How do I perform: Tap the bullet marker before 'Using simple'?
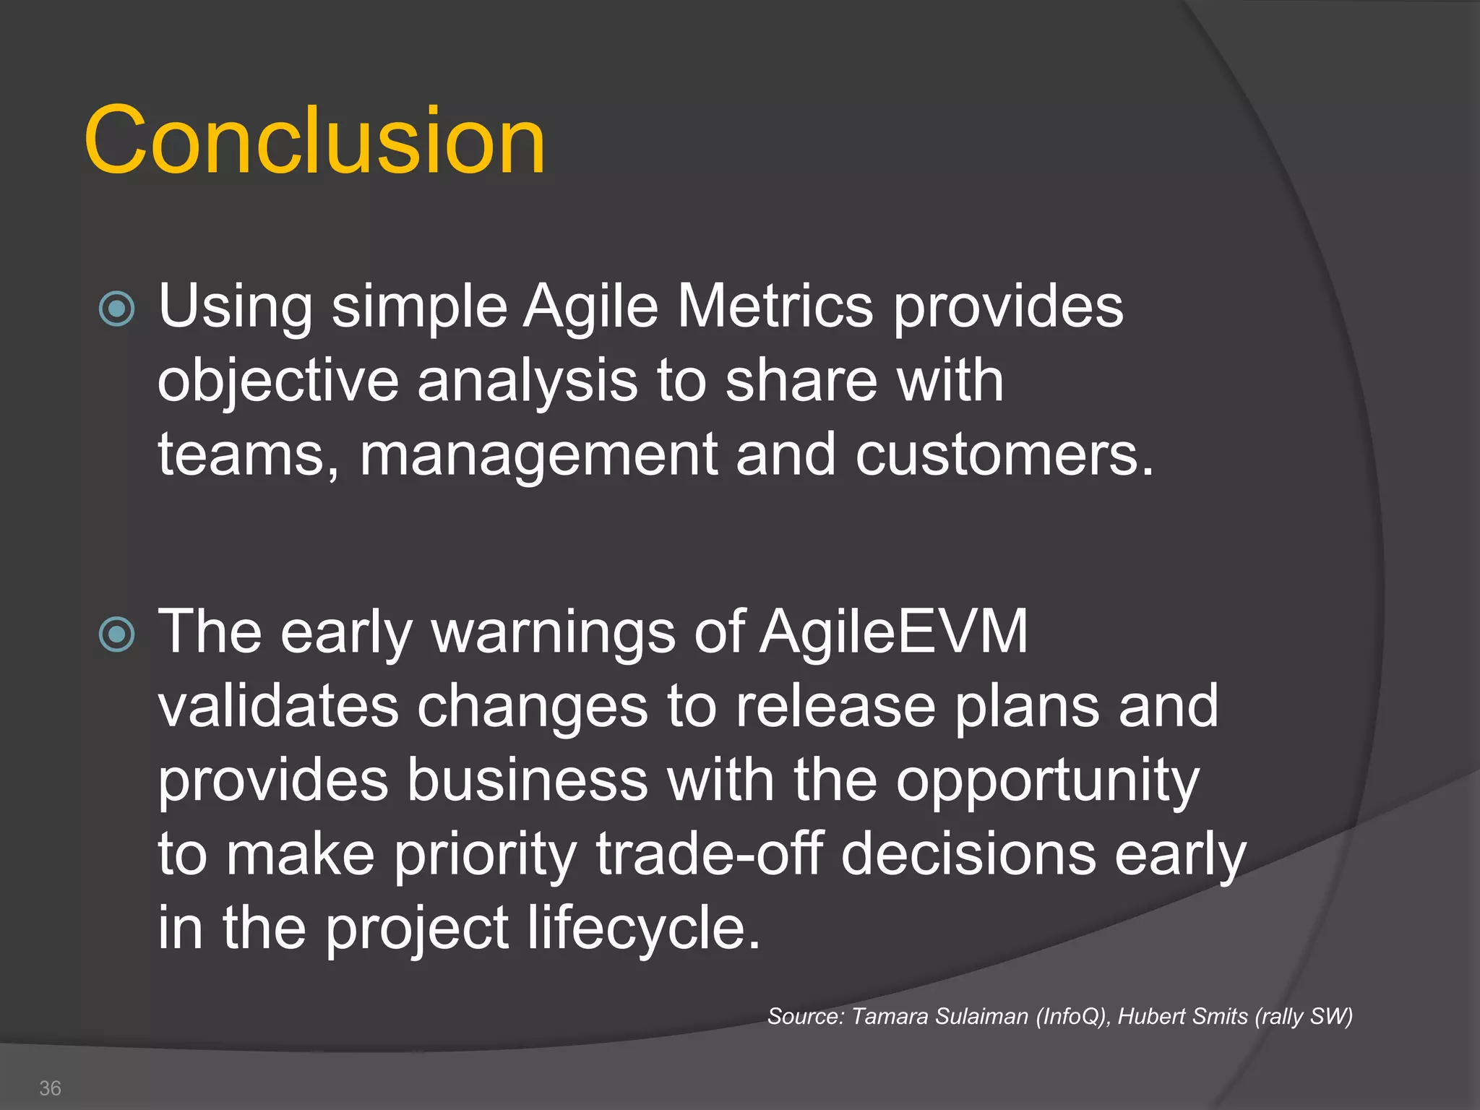(x=116, y=309)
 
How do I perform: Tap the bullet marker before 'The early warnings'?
(x=116, y=634)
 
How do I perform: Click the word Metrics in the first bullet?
(x=775, y=306)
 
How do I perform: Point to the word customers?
(x=1004, y=455)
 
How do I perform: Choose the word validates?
(x=278, y=706)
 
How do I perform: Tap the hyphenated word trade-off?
(x=709, y=854)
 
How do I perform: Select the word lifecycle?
(x=643, y=928)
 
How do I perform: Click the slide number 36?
(x=50, y=1088)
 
